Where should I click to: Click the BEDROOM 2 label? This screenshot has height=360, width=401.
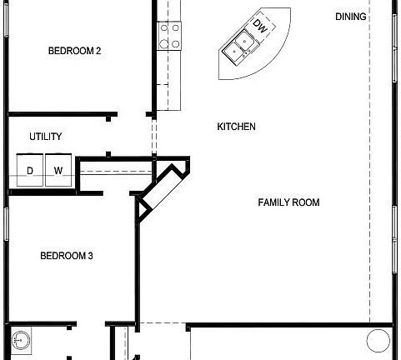tap(74, 51)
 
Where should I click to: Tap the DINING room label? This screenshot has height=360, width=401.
tap(351, 17)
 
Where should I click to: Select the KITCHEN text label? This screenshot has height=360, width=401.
tap(236, 127)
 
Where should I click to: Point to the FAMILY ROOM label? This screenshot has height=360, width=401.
tap(288, 202)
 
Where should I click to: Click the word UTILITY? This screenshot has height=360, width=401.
tap(45, 137)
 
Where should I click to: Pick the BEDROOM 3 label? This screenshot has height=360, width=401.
tap(66, 256)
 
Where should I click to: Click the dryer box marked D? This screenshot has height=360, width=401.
tap(30, 170)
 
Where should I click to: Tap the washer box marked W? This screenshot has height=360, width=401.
tap(58, 170)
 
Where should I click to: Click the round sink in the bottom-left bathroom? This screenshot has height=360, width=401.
tap(23, 340)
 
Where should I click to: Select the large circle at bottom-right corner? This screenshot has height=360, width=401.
tap(378, 341)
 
